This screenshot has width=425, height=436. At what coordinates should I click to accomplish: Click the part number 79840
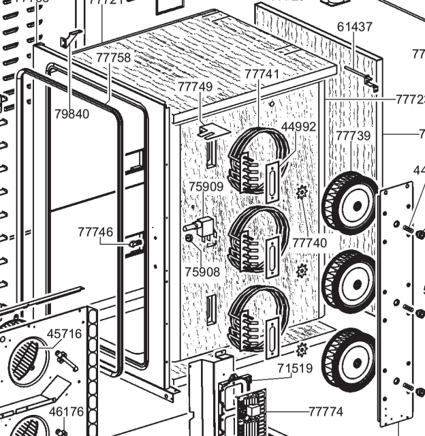tap(72, 114)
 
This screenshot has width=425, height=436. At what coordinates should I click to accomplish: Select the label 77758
tap(113, 58)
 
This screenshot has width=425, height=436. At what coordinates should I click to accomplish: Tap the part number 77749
tap(195, 87)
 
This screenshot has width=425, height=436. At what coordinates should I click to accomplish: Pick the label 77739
tap(353, 136)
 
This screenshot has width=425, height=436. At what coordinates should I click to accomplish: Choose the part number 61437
tap(355, 27)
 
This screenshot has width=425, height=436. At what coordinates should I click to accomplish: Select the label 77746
tap(95, 232)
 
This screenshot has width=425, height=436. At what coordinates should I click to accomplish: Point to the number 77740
tap(310, 243)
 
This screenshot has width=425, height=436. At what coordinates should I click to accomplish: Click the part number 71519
tap(295, 369)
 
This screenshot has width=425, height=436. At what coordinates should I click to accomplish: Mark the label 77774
tap(326, 411)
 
